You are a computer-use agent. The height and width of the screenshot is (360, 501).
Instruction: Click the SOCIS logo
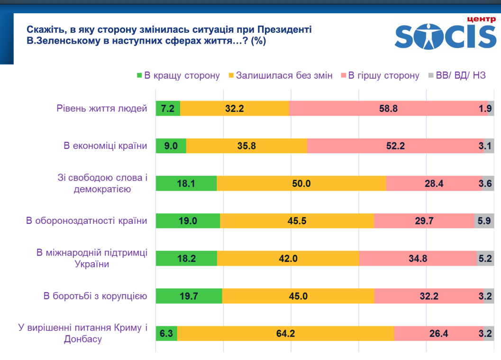coord(445,34)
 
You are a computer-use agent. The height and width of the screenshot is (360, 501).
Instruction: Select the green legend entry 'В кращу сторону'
coord(178,75)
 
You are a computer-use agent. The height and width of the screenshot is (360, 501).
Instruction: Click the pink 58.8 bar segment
coord(388,109)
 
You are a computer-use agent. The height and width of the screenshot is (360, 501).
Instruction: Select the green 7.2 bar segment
coord(168,109)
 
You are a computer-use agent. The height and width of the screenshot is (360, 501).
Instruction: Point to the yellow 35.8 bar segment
coord(246,146)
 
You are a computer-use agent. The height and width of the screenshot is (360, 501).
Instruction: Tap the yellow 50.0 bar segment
coord(301,184)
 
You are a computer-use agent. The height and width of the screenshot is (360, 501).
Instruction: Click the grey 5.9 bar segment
coord(484,221)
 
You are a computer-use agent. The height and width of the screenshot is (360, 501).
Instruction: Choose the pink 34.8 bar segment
coord(418,258)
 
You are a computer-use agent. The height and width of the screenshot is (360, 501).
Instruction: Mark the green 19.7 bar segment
coord(189,296)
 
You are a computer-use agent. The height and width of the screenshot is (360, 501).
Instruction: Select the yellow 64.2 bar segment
coord(285,333)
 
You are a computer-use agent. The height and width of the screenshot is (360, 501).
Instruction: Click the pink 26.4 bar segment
coord(438,333)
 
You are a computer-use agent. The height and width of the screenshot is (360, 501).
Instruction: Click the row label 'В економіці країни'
coord(105,146)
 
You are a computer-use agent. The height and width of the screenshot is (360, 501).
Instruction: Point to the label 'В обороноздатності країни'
coord(86,221)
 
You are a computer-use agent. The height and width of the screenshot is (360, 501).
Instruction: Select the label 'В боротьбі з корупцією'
coord(95,296)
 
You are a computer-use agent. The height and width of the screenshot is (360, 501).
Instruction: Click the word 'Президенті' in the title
coord(286,29)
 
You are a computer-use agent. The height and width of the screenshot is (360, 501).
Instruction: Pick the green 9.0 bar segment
coord(171,146)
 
